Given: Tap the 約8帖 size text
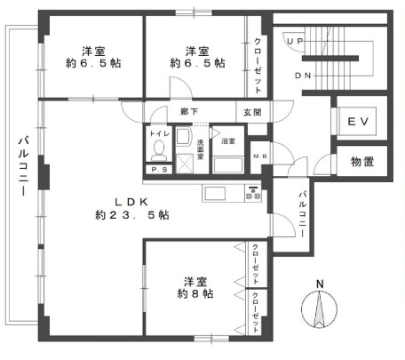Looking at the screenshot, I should [x=195, y=293].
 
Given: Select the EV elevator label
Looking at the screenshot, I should [x=359, y=122].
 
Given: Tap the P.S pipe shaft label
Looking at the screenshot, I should [x=159, y=170].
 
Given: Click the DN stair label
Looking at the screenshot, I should [x=303, y=76].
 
